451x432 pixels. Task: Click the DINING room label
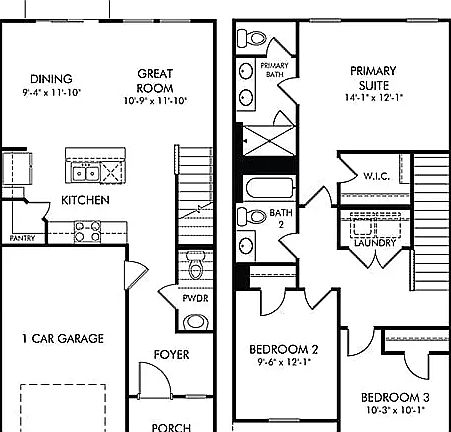click(43, 79)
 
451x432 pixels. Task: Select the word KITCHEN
click(85, 200)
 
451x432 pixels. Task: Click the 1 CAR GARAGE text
click(62, 339)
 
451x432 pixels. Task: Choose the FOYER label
click(171, 355)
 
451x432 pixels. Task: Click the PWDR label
click(195, 299)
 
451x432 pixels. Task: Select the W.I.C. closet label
click(376, 176)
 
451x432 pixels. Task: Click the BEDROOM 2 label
click(284, 349)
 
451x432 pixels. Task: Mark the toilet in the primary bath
click(253, 40)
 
